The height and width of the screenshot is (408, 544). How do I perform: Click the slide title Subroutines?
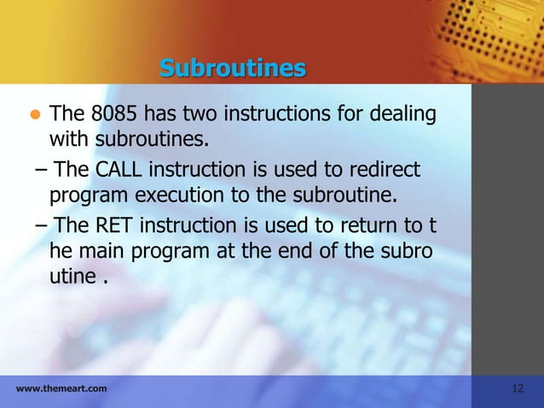pyautogui.click(x=232, y=67)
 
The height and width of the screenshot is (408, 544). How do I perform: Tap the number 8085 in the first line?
pyautogui.click(x=111, y=114)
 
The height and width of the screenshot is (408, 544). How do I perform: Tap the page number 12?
pyautogui.click(x=518, y=389)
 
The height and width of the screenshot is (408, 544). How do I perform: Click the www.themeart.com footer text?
pyautogui.click(x=61, y=389)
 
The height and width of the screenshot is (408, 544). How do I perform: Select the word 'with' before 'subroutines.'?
pyautogui.click(x=67, y=138)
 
